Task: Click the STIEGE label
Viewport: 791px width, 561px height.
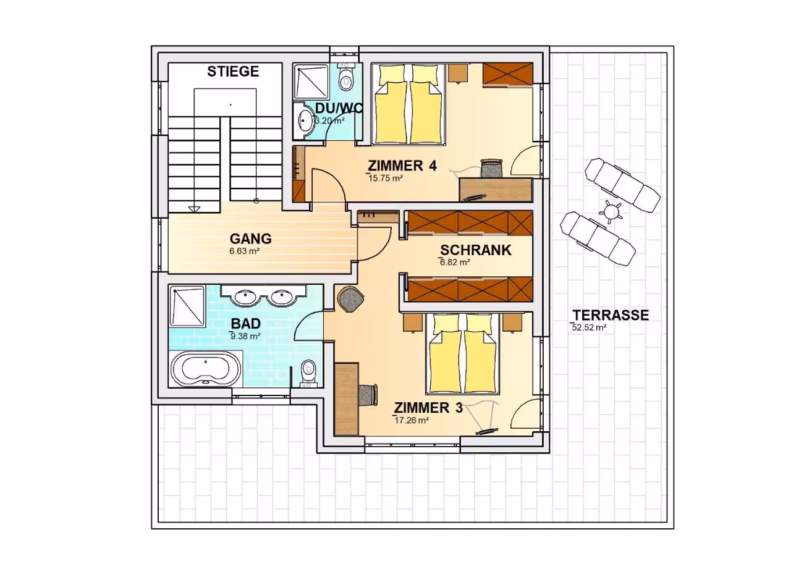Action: pyautogui.click(x=233, y=71)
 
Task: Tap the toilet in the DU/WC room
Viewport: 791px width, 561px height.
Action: pyautogui.click(x=345, y=77)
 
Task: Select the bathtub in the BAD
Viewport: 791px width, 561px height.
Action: pyautogui.click(x=206, y=369)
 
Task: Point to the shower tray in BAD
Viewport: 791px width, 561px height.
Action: pyautogui.click(x=187, y=306)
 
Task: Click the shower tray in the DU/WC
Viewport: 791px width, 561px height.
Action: pyautogui.click(x=311, y=81)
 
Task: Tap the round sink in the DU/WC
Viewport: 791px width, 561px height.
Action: pyautogui.click(x=305, y=120)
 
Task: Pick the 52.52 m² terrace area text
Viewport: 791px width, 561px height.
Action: pyautogui.click(x=589, y=327)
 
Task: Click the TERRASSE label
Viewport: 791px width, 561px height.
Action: pyautogui.click(x=611, y=315)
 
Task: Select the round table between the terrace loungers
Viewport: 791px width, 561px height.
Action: pyautogui.click(x=611, y=212)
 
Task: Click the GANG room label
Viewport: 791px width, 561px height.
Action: pyautogui.click(x=251, y=238)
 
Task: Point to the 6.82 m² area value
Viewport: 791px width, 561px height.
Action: pyautogui.click(x=455, y=263)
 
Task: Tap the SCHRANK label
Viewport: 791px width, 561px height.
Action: pyautogui.click(x=476, y=250)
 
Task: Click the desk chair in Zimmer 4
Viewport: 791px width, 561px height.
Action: pyautogui.click(x=491, y=167)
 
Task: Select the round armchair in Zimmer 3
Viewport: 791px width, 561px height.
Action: pyautogui.click(x=350, y=298)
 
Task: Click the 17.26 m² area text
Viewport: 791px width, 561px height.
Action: pyautogui.click(x=412, y=421)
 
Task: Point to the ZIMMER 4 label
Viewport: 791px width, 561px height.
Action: pyautogui.click(x=402, y=166)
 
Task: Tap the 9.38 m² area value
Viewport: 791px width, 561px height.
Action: pyautogui.click(x=245, y=335)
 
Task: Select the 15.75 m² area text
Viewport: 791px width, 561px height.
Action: pyautogui.click(x=386, y=179)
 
